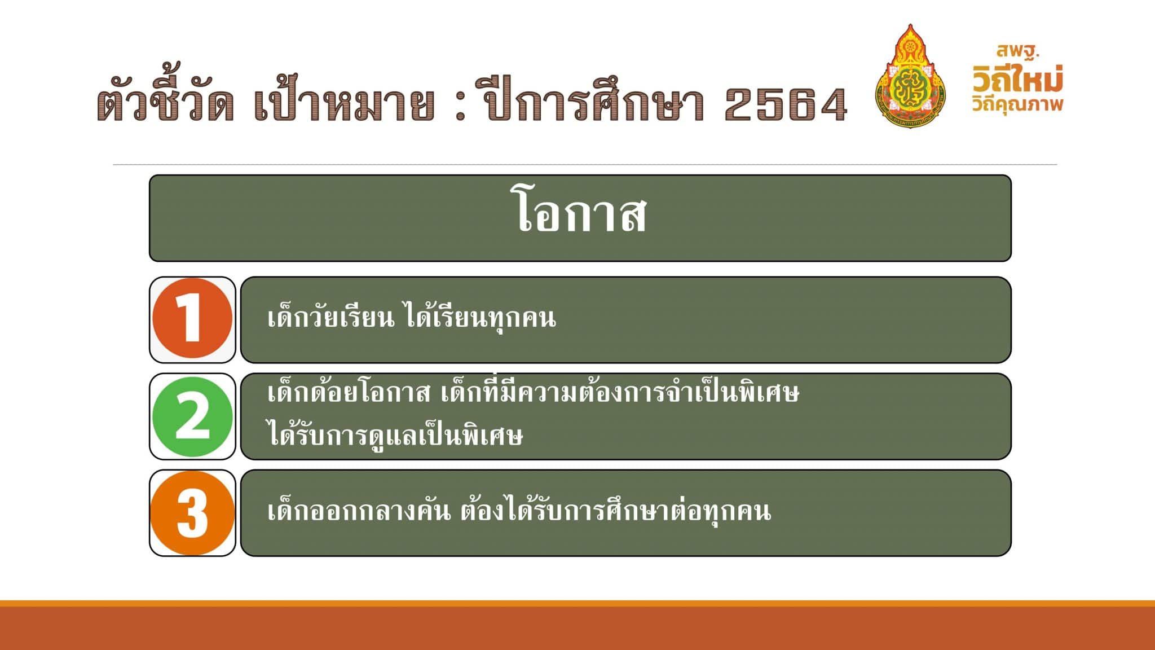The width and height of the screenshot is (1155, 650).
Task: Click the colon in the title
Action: pyautogui.click(x=460, y=106)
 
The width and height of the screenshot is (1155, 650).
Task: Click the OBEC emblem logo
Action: pyautogui.click(x=911, y=76)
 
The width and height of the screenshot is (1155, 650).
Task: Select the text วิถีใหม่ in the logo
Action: pyautogui.click(x=1018, y=78)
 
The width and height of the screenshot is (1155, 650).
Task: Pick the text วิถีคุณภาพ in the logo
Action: pyautogui.click(x=1017, y=104)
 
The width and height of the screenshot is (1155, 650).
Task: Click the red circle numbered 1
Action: pyautogui.click(x=192, y=319)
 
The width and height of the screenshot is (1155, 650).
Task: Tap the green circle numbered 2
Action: pyautogui.click(x=192, y=416)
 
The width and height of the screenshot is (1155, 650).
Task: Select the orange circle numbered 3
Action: pyautogui.click(x=192, y=513)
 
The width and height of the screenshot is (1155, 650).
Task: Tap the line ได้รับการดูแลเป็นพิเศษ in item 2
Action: pyautogui.click(x=395, y=434)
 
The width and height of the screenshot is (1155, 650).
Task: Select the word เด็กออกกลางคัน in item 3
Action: pyautogui.click(x=359, y=510)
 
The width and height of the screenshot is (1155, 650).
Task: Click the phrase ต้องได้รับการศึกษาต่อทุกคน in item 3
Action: pyautogui.click(x=615, y=510)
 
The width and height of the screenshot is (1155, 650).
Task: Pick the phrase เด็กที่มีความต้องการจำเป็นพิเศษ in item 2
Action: pyautogui.click(x=620, y=391)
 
